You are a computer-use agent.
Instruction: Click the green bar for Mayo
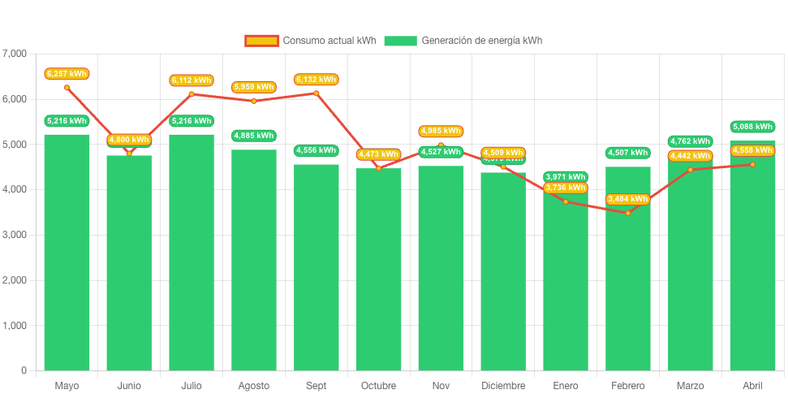click(x=67, y=252)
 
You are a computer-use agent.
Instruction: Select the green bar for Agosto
click(x=254, y=260)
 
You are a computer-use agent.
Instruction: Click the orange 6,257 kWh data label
click(x=67, y=74)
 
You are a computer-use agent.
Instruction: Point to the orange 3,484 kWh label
click(x=628, y=199)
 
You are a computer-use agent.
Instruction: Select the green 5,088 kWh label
click(x=752, y=126)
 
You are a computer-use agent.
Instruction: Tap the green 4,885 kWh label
click(x=254, y=135)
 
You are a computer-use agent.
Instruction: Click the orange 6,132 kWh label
click(x=316, y=80)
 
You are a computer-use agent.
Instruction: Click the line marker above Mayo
click(x=67, y=87)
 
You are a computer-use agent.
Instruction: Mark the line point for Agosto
click(x=254, y=101)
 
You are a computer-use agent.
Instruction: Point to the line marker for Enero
click(x=566, y=201)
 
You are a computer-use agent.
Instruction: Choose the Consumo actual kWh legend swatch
click(x=262, y=41)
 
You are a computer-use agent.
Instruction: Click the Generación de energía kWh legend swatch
click(x=400, y=41)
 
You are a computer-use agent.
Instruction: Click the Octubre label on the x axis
click(x=378, y=385)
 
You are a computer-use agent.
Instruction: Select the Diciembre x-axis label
click(x=503, y=385)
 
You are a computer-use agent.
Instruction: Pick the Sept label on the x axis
click(x=316, y=385)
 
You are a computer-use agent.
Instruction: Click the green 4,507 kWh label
click(x=628, y=152)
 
